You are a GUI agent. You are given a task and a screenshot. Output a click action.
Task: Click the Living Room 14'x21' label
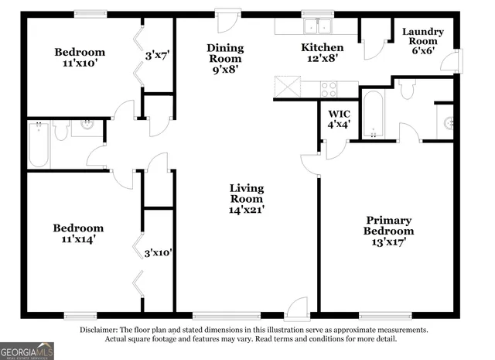(247, 198)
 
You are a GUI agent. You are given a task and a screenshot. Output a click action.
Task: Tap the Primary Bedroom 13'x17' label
(389, 231)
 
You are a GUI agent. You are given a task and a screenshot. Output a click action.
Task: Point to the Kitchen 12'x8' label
(322, 53)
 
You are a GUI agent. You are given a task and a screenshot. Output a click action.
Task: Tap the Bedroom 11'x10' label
(80, 58)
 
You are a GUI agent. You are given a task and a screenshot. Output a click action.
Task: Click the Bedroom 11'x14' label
(78, 234)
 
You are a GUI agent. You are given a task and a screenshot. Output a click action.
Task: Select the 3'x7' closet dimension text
(158, 56)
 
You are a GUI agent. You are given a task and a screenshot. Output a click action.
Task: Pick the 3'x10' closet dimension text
(158, 253)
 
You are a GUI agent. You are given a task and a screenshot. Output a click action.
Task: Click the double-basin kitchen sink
(317, 27)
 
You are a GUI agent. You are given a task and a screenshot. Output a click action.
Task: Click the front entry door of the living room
(296, 310)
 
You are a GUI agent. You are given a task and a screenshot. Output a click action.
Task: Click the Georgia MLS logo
(27, 351)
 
